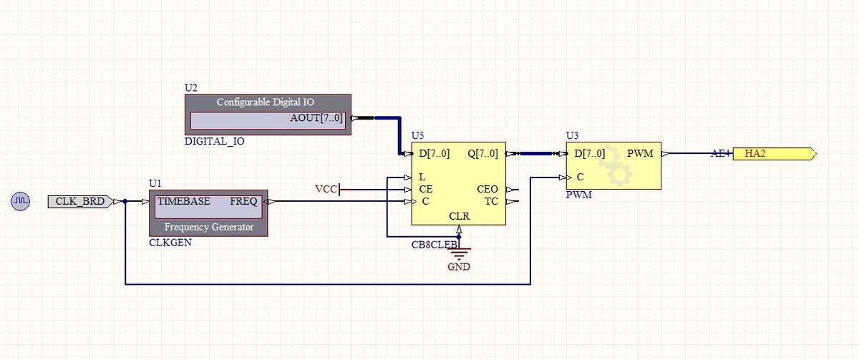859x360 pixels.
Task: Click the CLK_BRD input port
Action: [80, 201]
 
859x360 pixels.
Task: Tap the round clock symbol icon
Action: [21, 202]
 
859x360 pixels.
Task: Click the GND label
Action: [459, 267]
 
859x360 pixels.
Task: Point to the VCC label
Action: [326, 189]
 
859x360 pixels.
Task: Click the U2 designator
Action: [191, 87]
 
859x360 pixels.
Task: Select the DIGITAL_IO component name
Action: [215, 141]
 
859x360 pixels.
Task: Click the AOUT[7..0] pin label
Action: [316, 118]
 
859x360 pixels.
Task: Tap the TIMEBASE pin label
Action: [184, 201]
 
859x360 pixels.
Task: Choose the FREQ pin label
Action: [243, 201]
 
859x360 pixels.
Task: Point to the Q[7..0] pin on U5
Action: [482, 153]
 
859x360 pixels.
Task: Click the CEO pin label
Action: [487, 189]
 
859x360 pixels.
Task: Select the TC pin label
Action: [491, 201]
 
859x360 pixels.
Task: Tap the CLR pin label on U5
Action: [459, 215]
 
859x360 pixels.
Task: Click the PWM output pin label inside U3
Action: [640, 153]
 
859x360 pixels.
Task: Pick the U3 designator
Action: [572, 135]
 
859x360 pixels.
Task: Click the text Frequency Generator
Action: [208, 227]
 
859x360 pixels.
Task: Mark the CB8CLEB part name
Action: [434, 245]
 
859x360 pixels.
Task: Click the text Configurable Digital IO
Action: [265, 102]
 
